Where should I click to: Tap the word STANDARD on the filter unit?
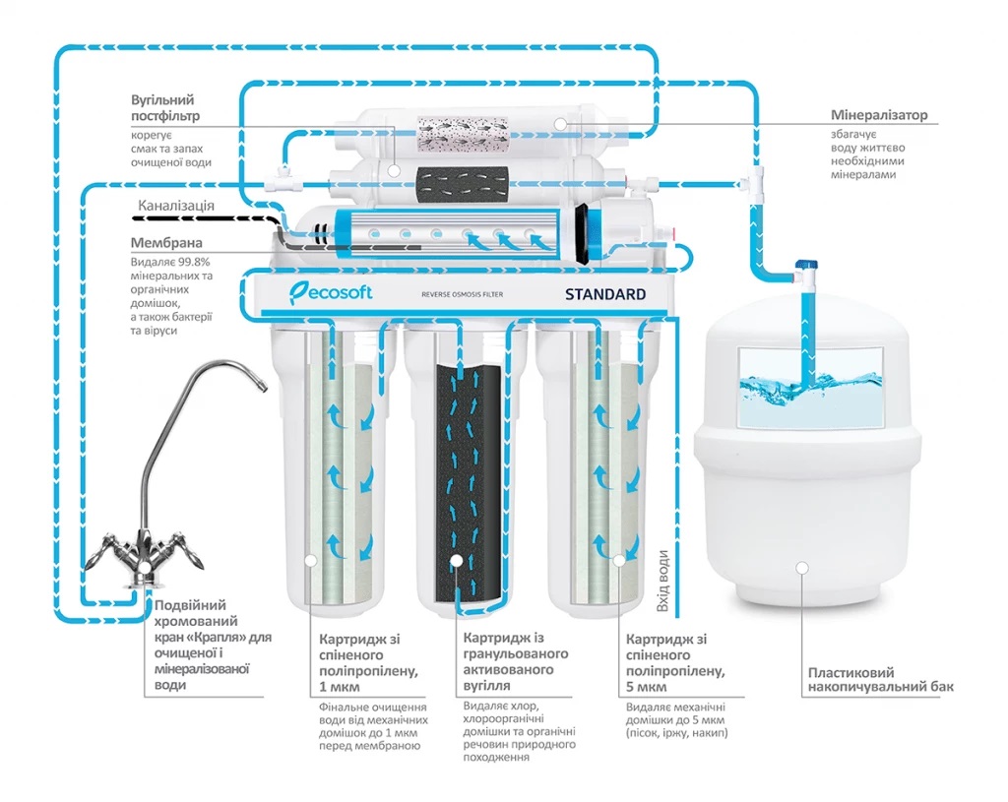pyautogui.click(x=604, y=294)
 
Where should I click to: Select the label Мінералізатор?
pyautogui.click(x=878, y=115)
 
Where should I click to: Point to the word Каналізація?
pyautogui.click(x=175, y=208)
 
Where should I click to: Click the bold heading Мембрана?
pyautogui.click(x=166, y=242)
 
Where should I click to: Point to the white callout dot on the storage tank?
pyautogui.click(x=803, y=567)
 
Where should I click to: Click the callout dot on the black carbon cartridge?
pyautogui.click(x=457, y=561)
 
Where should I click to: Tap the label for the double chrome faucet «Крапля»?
pyautogui.click(x=206, y=645)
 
